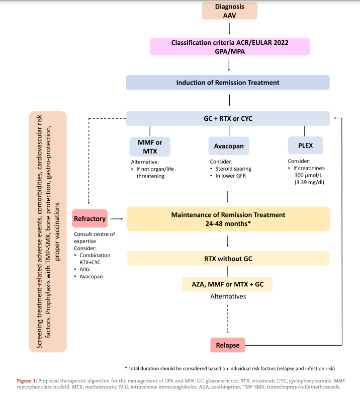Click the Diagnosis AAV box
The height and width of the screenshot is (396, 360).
coord(229,11)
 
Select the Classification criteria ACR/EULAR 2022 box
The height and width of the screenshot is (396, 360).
coord(230,47)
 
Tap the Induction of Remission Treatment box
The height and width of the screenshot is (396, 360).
coord(228,83)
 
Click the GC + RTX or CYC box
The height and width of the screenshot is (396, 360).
coord(228,118)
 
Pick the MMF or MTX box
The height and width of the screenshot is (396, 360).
coord(150,147)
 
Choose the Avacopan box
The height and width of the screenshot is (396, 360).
coord(229,146)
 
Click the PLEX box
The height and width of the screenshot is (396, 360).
coord(305,145)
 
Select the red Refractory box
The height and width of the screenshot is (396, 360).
coord(90,218)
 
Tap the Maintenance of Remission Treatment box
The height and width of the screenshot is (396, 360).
coord(228,219)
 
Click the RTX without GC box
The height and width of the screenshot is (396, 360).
coord(228,259)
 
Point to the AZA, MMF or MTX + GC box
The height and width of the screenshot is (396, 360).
coord(228,284)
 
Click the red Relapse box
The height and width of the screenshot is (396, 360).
coord(228,345)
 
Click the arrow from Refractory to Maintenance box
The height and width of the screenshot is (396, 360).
coord(117,219)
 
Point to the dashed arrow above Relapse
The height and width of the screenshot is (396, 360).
coord(228,319)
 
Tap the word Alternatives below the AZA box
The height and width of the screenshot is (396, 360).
coord(228,296)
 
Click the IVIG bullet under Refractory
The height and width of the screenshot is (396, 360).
coord(84,270)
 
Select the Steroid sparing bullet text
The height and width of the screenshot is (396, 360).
coord(233,169)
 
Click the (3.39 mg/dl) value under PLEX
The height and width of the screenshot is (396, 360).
coord(309,182)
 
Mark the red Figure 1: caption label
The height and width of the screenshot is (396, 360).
coord(27,380)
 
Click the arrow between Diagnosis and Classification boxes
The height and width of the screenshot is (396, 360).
coord(229,29)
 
